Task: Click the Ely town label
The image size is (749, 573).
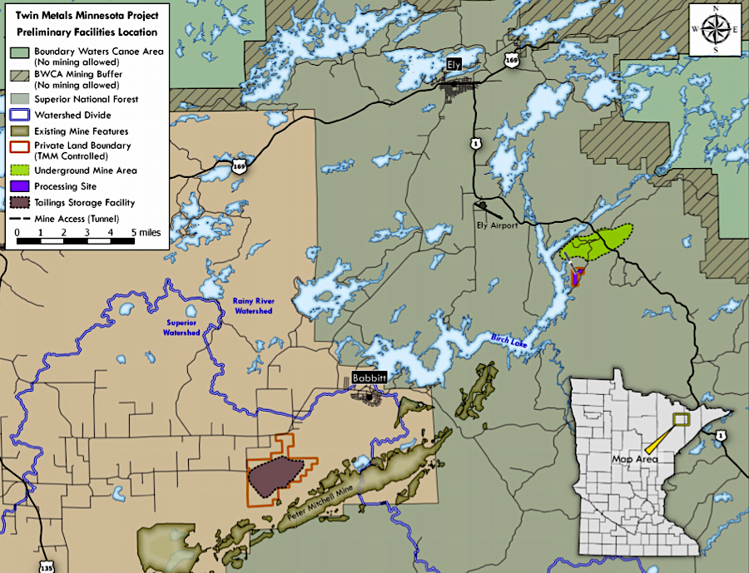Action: click(453, 63)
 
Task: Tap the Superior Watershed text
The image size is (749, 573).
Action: click(181, 328)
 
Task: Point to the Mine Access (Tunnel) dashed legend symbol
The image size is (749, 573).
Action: click(19, 218)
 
